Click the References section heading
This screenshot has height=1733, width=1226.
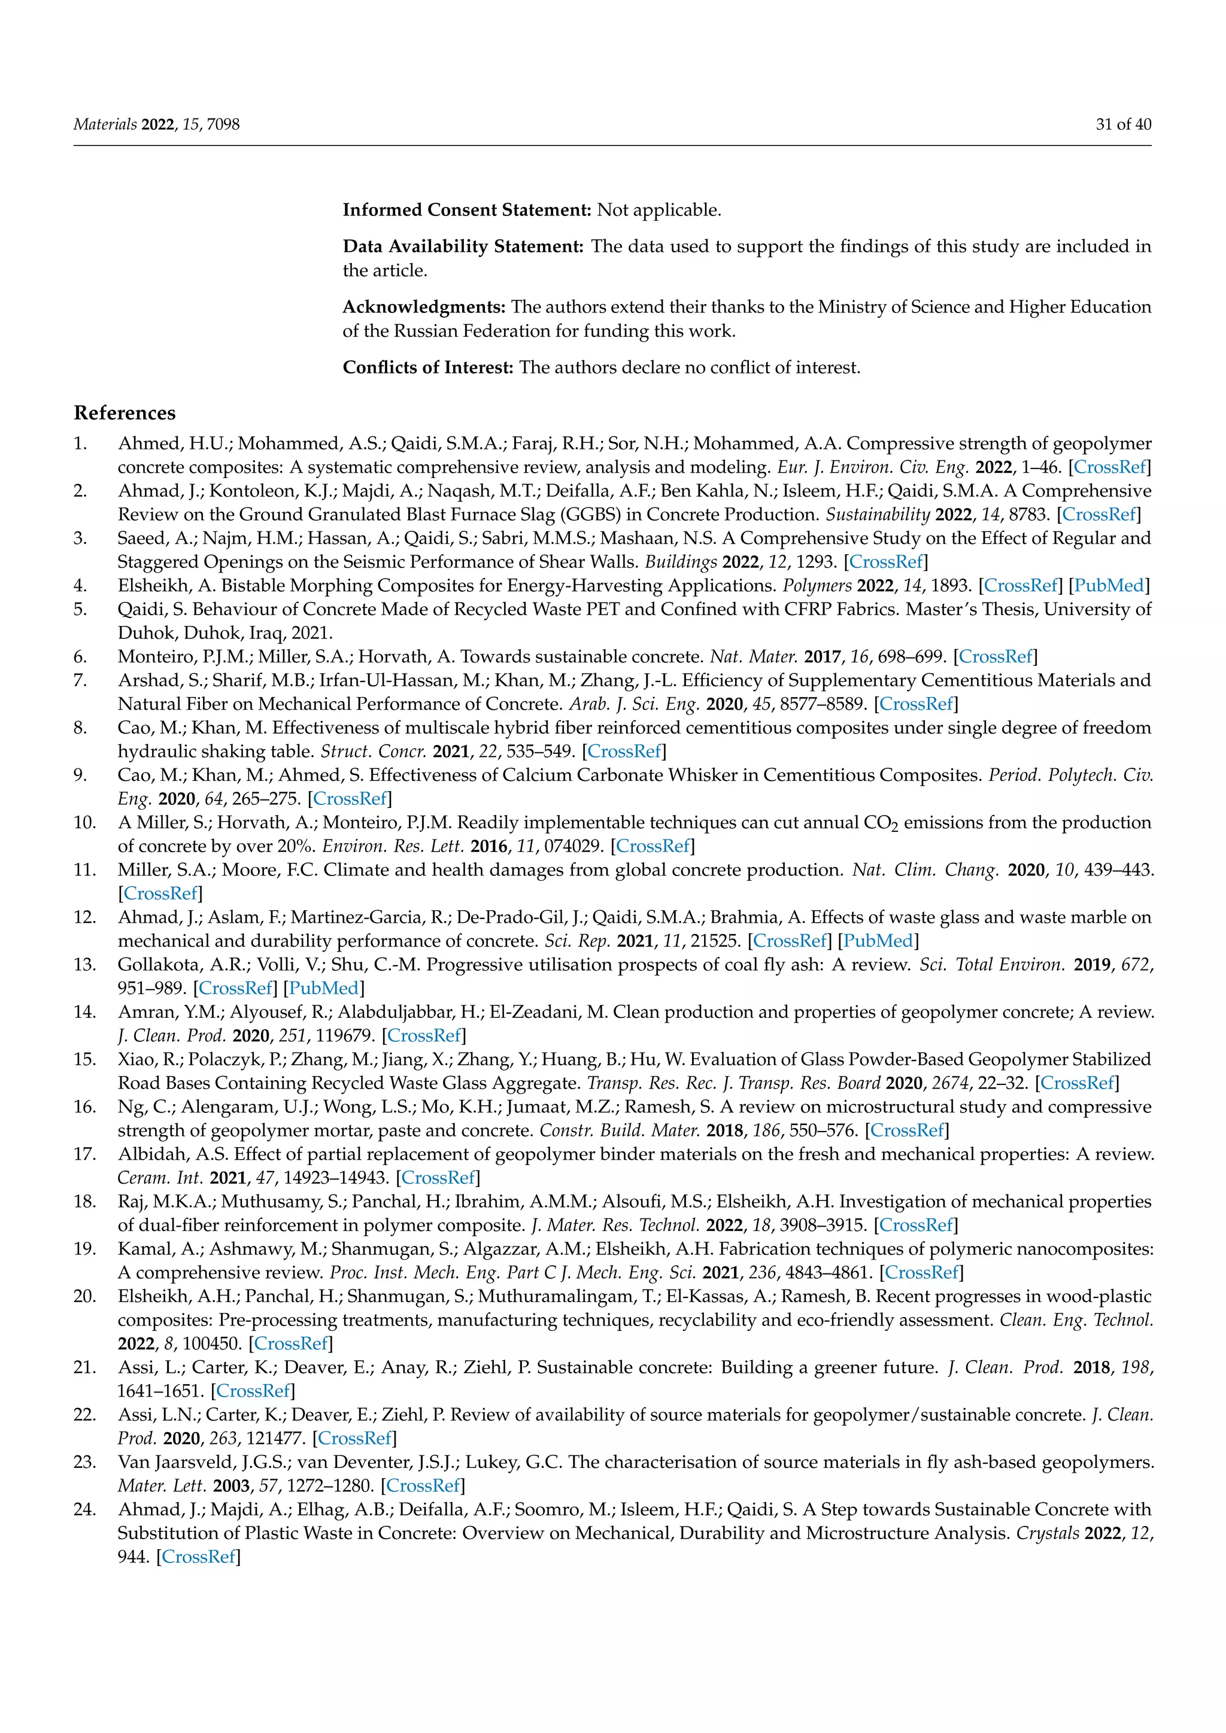pyautogui.click(x=125, y=413)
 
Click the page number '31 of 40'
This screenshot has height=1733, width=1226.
pyautogui.click(x=1123, y=124)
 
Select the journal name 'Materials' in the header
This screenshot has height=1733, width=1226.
pyautogui.click(x=105, y=124)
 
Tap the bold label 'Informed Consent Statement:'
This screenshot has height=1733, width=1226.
pyautogui.click(x=466, y=210)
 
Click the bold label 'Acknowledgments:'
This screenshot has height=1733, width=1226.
pyautogui.click(x=423, y=307)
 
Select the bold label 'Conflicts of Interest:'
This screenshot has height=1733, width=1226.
pyautogui.click(x=428, y=367)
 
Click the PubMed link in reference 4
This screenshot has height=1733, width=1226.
pyautogui.click(x=1110, y=586)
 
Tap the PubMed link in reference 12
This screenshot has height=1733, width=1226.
pyautogui.click(x=878, y=941)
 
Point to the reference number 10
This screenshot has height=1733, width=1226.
pyautogui.click(x=84, y=823)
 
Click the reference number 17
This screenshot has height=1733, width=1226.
pyautogui.click(x=84, y=1154)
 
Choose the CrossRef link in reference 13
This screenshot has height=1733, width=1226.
pyautogui.click(x=235, y=989)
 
